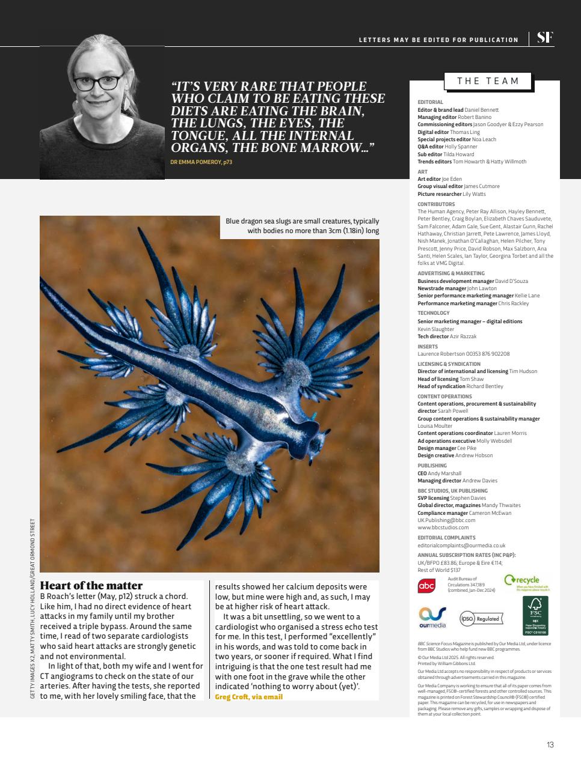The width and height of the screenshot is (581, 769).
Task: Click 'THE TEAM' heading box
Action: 488,81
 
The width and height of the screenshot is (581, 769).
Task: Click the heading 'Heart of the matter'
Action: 91,585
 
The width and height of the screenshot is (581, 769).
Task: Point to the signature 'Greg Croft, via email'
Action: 248,697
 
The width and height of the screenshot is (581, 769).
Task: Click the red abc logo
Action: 426,586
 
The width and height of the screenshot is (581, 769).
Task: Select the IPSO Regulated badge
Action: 481,618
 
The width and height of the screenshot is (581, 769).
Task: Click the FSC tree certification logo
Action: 535,616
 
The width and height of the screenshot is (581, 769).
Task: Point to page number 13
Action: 550,745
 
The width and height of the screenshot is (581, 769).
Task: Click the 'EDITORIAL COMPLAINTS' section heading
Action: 446,538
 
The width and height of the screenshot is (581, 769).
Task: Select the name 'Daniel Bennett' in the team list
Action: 481,110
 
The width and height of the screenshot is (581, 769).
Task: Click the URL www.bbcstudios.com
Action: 443,527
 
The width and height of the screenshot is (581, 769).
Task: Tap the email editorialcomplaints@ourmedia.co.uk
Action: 461,546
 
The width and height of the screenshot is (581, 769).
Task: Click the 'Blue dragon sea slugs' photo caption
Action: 302,226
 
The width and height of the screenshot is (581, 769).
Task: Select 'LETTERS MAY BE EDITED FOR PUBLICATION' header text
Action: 438,40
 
